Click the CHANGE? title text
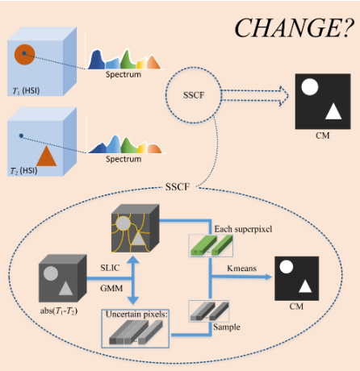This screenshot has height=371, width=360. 291,27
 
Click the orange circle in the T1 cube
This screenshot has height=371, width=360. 24,55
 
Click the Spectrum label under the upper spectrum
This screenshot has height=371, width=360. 123,74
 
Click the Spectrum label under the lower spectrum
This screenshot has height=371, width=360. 123,159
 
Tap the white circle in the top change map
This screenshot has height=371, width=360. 308,86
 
